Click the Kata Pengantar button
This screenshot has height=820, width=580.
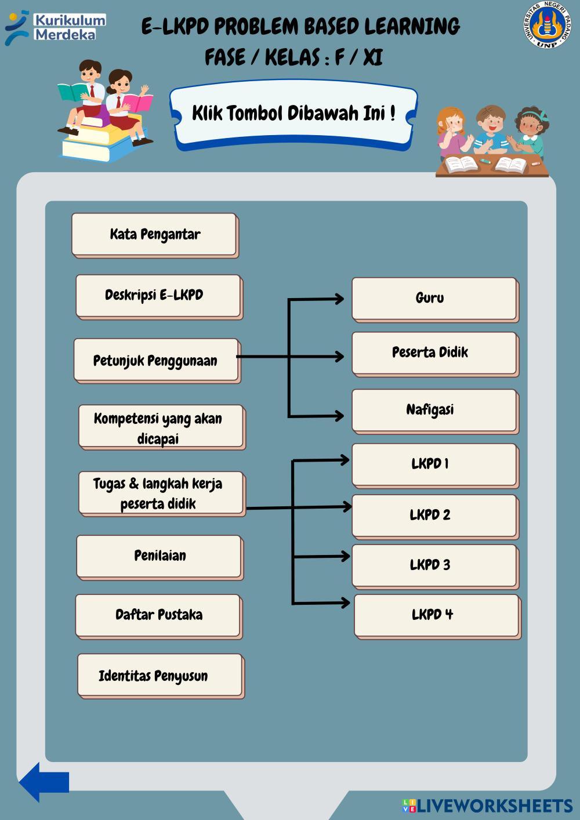tap(154, 234)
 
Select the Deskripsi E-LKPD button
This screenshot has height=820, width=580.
tap(158, 296)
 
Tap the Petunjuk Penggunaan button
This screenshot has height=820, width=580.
tap(156, 360)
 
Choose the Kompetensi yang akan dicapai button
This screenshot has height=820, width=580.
tap(161, 427)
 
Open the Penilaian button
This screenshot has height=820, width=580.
tap(159, 556)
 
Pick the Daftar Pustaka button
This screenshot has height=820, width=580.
tap(158, 615)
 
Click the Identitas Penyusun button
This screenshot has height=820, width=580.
tap(159, 675)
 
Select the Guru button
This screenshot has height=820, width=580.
tap(434, 299)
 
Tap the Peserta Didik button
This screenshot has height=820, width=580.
tap(434, 353)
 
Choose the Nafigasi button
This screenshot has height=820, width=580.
tap(434, 410)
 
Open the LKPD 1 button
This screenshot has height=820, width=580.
tap(434, 465)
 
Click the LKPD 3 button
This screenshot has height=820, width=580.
tap(434, 565)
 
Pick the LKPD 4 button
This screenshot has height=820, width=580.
tap(436, 615)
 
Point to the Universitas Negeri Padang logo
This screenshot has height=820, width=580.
tap(546, 24)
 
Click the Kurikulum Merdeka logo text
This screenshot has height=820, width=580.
tap(70, 27)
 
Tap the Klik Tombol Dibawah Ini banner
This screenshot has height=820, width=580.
tap(293, 114)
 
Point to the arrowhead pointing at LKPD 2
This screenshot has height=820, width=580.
tap(347, 507)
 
